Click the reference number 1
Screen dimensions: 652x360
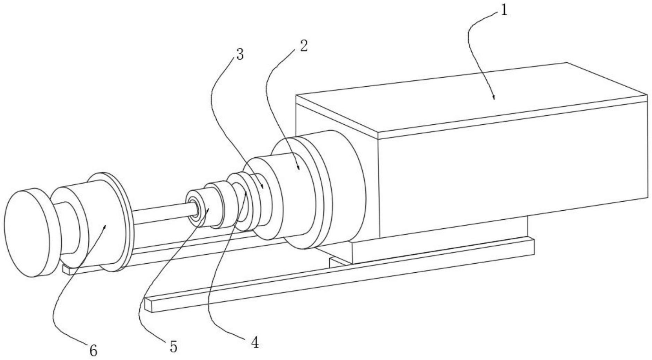(x=504, y=10)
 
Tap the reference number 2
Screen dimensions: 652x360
(x=304, y=46)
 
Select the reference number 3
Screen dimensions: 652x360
(x=240, y=54)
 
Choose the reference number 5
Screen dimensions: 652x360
(x=173, y=346)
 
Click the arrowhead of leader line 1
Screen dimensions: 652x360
(x=494, y=97)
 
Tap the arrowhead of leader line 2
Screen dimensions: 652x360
(x=298, y=168)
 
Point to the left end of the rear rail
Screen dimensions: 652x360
(x=66, y=270)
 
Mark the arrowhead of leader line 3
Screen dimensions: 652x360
(x=262, y=187)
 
